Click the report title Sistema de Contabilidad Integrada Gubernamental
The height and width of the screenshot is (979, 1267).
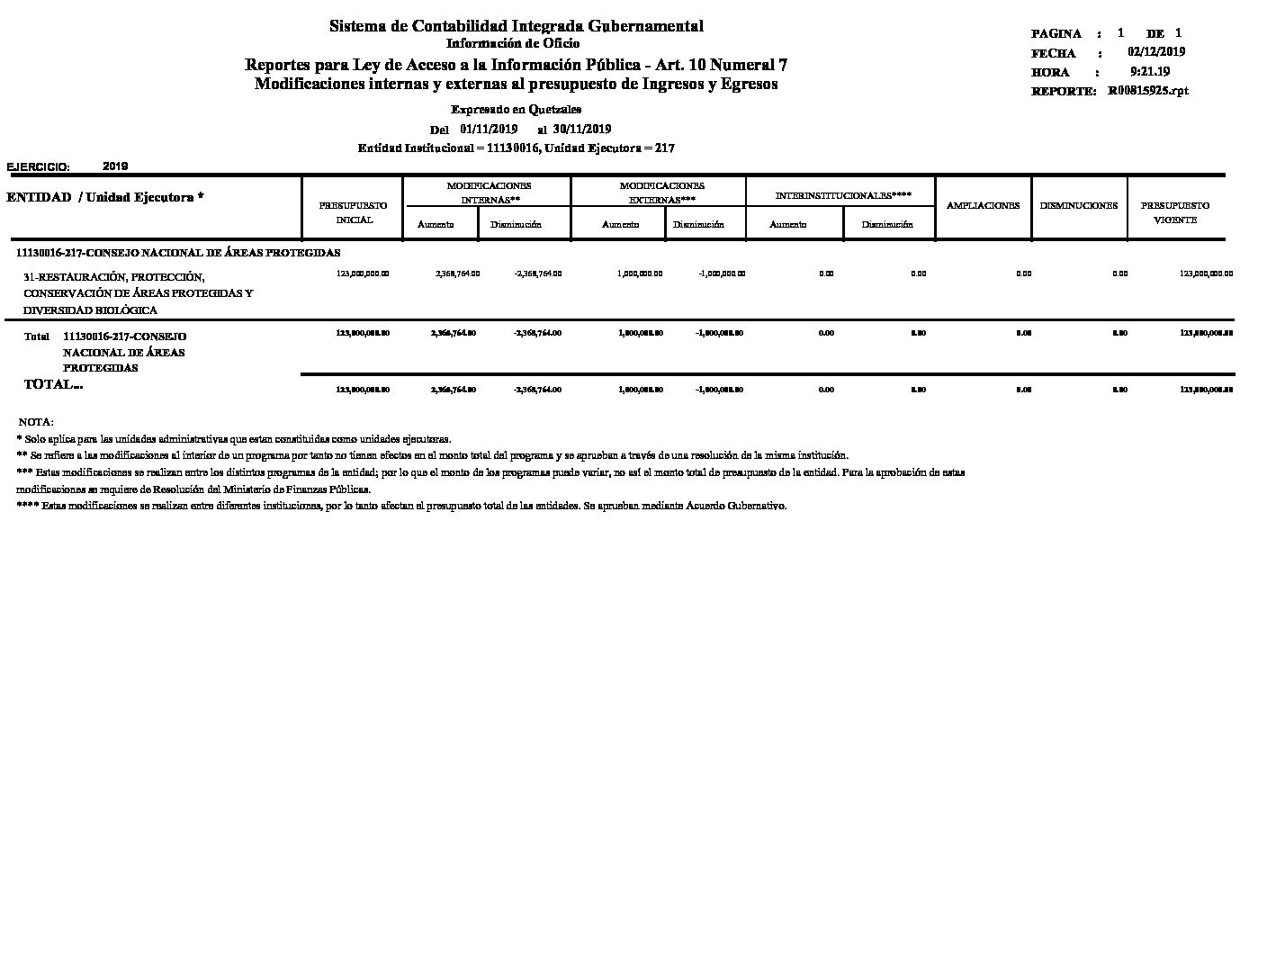click(x=516, y=26)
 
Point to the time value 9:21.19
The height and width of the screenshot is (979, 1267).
click(x=1149, y=72)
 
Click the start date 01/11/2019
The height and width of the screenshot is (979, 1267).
click(x=488, y=129)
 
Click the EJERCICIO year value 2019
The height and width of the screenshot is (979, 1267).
click(x=115, y=166)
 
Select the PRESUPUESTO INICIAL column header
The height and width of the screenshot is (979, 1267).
click(x=354, y=212)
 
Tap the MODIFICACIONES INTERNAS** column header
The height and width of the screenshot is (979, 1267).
click(x=490, y=193)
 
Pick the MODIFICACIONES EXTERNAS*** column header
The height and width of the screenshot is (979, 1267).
click(x=661, y=193)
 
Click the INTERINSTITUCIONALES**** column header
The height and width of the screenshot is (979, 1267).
click(x=843, y=194)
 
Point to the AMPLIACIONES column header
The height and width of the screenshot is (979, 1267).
click(x=983, y=205)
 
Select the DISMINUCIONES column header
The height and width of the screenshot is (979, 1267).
click(x=1078, y=205)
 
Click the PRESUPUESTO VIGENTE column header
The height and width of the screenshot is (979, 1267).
click(x=1174, y=212)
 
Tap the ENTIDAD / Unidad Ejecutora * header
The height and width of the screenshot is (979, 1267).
click(x=104, y=197)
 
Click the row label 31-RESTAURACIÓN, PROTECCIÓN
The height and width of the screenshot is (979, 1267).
click(x=113, y=277)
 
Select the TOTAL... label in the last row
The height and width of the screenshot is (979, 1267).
click(x=53, y=384)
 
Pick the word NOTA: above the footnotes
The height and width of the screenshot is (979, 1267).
click(x=36, y=421)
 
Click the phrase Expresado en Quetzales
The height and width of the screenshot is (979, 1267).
click(x=516, y=109)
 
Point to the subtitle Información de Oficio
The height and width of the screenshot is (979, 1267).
click(x=513, y=43)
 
